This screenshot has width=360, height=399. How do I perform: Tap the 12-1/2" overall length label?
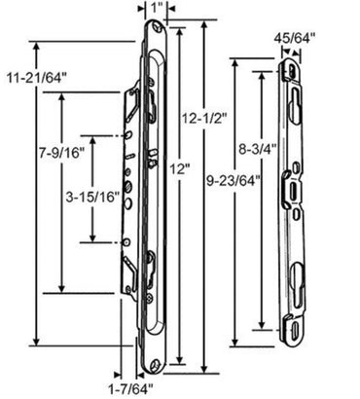[203, 118]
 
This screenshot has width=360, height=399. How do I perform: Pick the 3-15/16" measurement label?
[94, 196]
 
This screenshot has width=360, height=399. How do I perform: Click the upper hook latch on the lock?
[152, 102]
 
